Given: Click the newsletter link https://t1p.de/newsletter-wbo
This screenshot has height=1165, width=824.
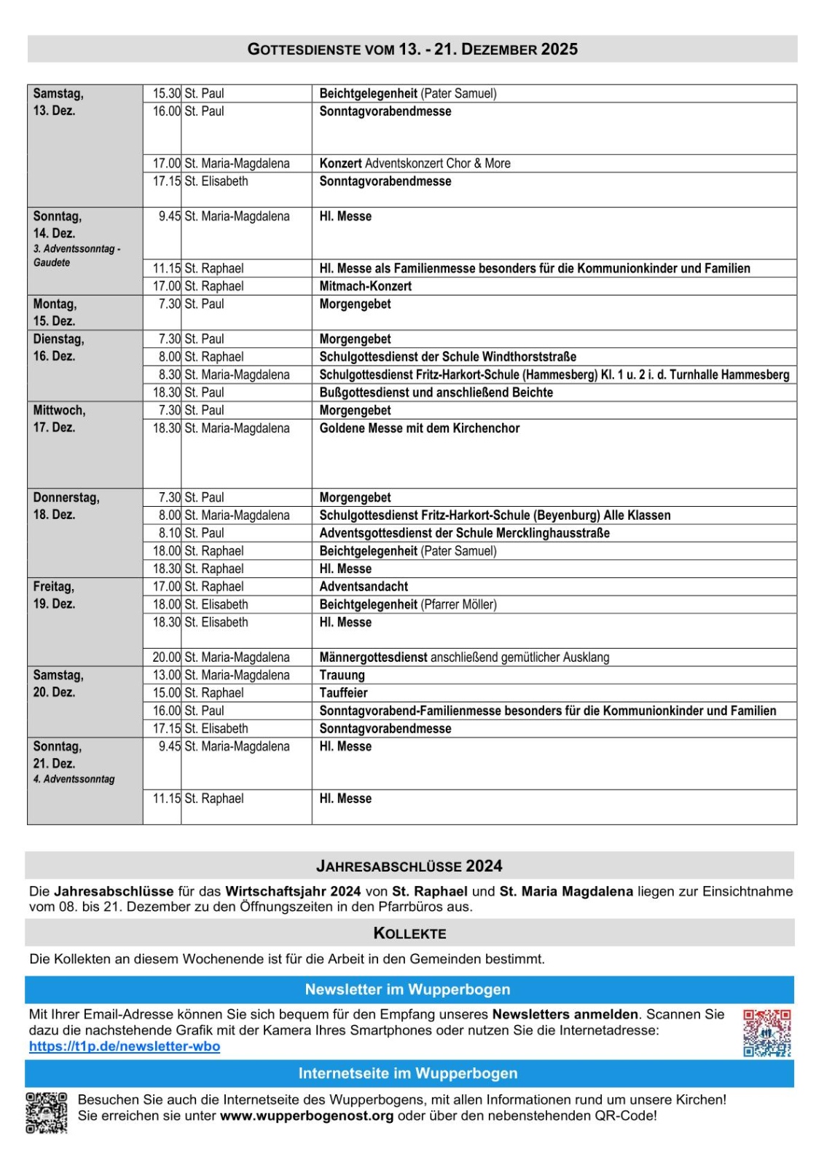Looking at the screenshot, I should point(125,1046).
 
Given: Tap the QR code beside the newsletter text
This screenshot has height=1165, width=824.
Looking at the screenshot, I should point(766,1032).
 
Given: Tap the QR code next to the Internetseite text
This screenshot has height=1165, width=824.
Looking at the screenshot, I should point(47,1113).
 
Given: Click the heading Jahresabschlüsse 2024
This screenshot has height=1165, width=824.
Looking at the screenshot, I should point(409,866).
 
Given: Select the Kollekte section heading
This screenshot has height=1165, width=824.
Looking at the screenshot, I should point(409,933).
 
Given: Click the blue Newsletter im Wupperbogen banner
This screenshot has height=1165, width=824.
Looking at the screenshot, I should point(408,990).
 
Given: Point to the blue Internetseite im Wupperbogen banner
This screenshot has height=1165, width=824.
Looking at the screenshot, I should point(408,1073).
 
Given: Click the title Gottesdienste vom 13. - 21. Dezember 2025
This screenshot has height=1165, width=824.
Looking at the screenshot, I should point(412,50).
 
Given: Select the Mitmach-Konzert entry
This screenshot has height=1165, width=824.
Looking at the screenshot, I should point(366,286).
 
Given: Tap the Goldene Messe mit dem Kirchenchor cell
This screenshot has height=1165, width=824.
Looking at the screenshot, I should point(420,428).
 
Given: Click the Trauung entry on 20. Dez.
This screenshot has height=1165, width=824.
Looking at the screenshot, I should point(342,675).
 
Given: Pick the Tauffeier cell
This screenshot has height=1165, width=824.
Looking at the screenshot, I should point(344,692).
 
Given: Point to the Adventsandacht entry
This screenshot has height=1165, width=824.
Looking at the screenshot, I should point(364,586).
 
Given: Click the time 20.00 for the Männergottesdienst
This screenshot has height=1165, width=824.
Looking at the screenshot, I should point(166,657).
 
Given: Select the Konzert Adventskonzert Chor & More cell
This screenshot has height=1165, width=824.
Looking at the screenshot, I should point(415,164).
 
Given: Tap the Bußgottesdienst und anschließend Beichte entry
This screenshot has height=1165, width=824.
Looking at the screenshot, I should point(436,392).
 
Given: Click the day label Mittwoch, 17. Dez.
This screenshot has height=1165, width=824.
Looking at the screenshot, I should point(59,419).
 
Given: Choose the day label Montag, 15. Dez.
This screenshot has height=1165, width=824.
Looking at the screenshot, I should point(55,312).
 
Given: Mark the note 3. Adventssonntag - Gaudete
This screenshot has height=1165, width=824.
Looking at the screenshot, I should point(76,256).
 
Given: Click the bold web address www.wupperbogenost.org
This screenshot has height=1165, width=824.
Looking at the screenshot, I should point(307,1115).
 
